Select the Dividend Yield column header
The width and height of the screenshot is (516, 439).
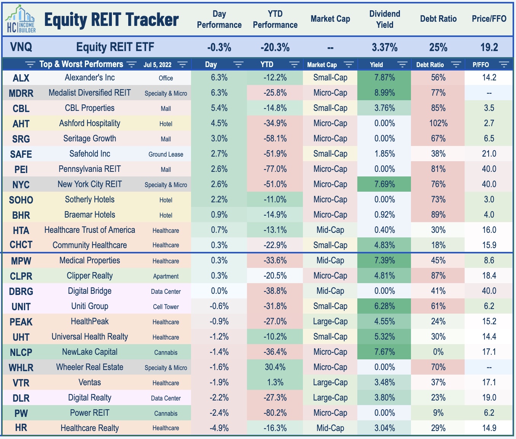(x=385, y=19)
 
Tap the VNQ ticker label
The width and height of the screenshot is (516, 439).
(x=21, y=47)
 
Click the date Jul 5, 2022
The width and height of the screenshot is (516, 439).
(x=158, y=65)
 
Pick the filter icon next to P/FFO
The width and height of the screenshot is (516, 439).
(x=504, y=65)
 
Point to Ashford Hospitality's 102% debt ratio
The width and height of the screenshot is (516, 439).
(x=438, y=123)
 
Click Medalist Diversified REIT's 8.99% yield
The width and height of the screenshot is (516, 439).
(x=384, y=93)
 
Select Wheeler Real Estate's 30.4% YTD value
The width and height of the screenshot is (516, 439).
(x=275, y=367)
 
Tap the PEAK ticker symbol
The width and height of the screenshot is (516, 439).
(x=21, y=322)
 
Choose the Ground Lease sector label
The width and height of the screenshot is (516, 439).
(x=166, y=154)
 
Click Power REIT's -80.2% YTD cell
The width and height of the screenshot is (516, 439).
(x=275, y=413)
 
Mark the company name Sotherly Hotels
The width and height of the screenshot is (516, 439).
(x=90, y=200)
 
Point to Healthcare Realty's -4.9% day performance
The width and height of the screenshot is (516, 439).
(x=219, y=428)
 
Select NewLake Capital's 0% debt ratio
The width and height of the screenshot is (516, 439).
(x=438, y=352)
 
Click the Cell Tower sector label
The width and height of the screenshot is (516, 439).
(x=166, y=307)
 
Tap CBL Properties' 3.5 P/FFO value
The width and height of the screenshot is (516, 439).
(x=489, y=108)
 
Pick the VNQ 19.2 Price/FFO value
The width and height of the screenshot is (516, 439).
(x=489, y=47)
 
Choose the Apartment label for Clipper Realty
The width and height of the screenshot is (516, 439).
(x=166, y=276)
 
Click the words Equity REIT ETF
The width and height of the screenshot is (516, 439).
(x=115, y=47)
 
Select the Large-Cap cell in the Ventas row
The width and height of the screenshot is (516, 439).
(x=330, y=383)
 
